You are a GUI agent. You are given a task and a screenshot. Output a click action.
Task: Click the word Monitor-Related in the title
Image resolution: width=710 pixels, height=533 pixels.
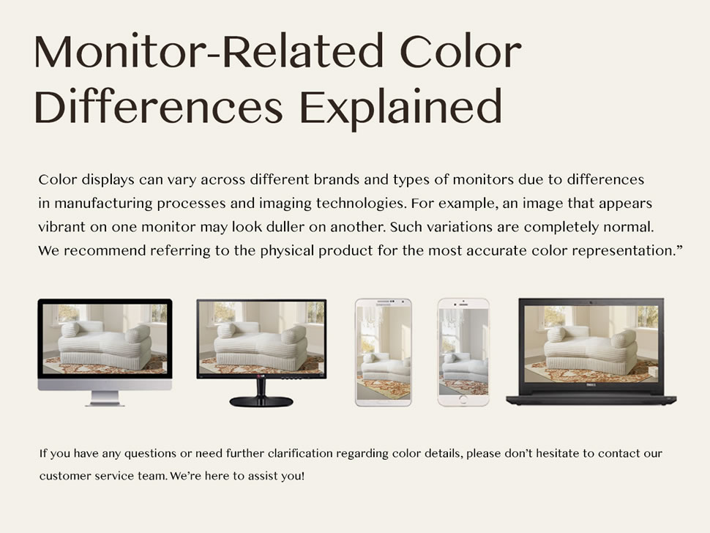tap(209, 51)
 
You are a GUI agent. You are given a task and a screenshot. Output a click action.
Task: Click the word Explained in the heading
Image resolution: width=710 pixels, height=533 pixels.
tap(400, 108)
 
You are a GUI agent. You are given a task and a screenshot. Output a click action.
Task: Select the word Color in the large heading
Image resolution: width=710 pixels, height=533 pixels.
tap(460, 51)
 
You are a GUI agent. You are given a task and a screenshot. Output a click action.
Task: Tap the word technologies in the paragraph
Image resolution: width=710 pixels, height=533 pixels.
tap(360, 204)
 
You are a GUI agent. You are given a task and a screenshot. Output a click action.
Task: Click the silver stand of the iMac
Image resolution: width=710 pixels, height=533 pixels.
tap(105, 398)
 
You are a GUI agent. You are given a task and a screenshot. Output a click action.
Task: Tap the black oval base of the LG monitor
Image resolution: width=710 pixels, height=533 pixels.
tap(261, 401)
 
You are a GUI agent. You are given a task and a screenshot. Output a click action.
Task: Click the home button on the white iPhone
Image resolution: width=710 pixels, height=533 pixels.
tap(463, 400)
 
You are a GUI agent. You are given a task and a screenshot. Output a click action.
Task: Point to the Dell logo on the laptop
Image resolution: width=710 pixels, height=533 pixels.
tap(591, 385)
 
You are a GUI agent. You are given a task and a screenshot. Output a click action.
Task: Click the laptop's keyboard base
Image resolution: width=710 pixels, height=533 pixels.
tap(591, 400)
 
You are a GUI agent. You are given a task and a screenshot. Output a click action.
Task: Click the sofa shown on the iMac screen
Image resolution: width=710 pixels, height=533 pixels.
tap(106, 346)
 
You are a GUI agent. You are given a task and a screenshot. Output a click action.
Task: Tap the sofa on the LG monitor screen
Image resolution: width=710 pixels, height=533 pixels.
tap(261, 343)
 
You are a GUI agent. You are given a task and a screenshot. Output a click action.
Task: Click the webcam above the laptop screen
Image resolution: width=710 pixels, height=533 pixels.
tap(591, 302)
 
